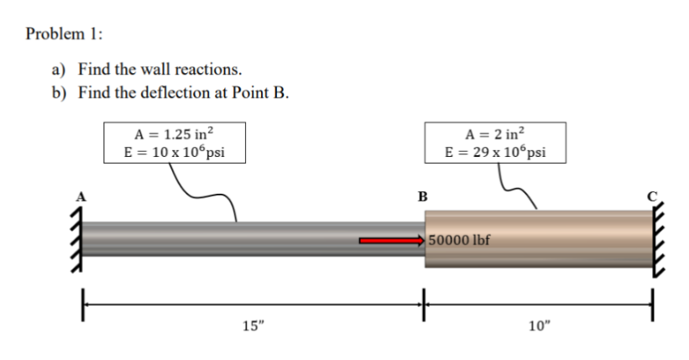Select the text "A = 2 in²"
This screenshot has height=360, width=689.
[495, 134]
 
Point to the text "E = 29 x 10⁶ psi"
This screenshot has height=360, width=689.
[495, 152]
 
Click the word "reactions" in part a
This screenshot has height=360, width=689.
[210, 69]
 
